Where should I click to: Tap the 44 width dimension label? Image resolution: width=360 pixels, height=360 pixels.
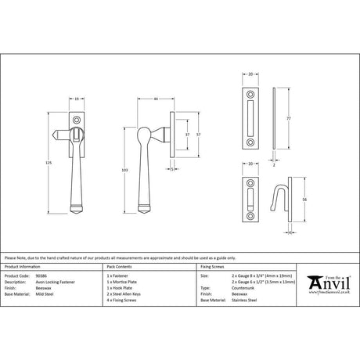[157, 99]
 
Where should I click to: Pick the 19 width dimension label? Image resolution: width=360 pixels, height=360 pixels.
[77, 99]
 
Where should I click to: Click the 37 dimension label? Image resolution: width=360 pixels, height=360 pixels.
[185, 135]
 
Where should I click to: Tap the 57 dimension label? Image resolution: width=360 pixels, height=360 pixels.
[200, 135]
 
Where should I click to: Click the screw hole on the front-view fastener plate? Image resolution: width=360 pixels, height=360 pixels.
[78, 120]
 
